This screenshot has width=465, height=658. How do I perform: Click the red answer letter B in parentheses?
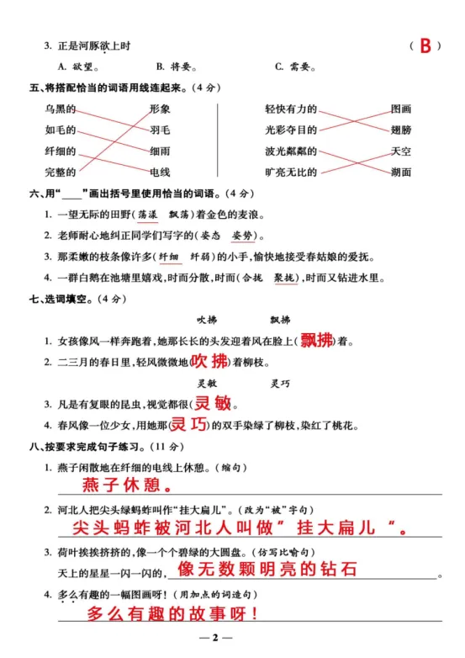point(425,46)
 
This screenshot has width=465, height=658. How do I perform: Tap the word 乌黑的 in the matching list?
point(61,109)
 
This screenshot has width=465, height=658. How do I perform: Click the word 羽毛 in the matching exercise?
point(161,130)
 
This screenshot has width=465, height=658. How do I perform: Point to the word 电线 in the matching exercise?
point(161,172)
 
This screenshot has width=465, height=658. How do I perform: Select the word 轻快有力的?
point(291,109)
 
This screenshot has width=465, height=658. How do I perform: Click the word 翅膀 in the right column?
point(401,130)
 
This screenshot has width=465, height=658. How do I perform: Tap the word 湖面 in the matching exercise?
point(401,172)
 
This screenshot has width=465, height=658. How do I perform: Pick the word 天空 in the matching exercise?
point(401,151)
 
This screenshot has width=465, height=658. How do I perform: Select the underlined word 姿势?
point(240,236)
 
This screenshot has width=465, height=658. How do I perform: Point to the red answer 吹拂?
point(209,362)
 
